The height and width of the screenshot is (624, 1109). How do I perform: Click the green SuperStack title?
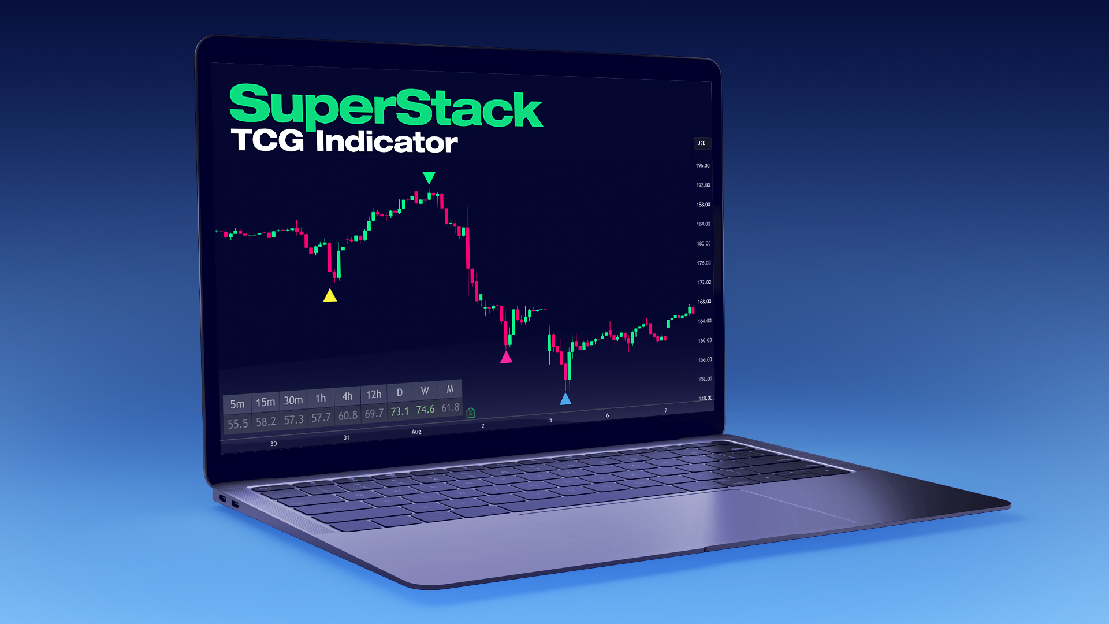pyautogui.click(x=385, y=107)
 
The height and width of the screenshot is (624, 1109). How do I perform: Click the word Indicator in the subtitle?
pyautogui.click(x=386, y=142)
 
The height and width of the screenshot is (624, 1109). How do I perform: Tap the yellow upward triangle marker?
pyautogui.click(x=330, y=296)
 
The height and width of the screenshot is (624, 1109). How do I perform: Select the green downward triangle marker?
pyautogui.click(x=429, y=177)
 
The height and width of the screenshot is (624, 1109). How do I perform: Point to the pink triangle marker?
pyautogui.click(x=506, y=358)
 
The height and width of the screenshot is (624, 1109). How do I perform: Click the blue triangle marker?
pyautogui.click(x=565, y=399)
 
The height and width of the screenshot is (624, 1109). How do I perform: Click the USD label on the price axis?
pyautogui.click(x=701, y=143)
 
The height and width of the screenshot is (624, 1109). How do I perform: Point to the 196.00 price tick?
pyautogui.click(x=703, y=166)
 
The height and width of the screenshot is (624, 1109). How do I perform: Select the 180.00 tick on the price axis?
pyautogui.click(x=704, y=243)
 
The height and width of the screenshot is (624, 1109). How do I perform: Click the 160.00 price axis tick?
pyautogui.click(x=705, y=340)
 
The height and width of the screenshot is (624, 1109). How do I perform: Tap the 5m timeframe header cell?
pyautogui.click(x=237, y=404)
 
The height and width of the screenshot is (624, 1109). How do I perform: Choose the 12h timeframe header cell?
pyautogui.click(x=374, y=394)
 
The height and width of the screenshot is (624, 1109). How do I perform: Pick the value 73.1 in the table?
pyautogui.click(x=400, y=411)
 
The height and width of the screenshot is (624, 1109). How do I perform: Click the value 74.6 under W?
pyautogui.click(x=425, y=410)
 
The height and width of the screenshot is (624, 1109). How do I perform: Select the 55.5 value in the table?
pyautogui.click(x=237, y=424)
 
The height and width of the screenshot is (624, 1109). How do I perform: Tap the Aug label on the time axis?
pyautogui.click(x=416, y=432)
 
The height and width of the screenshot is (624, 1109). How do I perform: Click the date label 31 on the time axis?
pyautogui.click(x=347, y=437)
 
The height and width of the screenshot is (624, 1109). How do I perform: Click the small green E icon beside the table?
pyautogui.click(x=471, y=413)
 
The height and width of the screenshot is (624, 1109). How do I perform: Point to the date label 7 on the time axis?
pyautogui.click(x=665, y=410)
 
